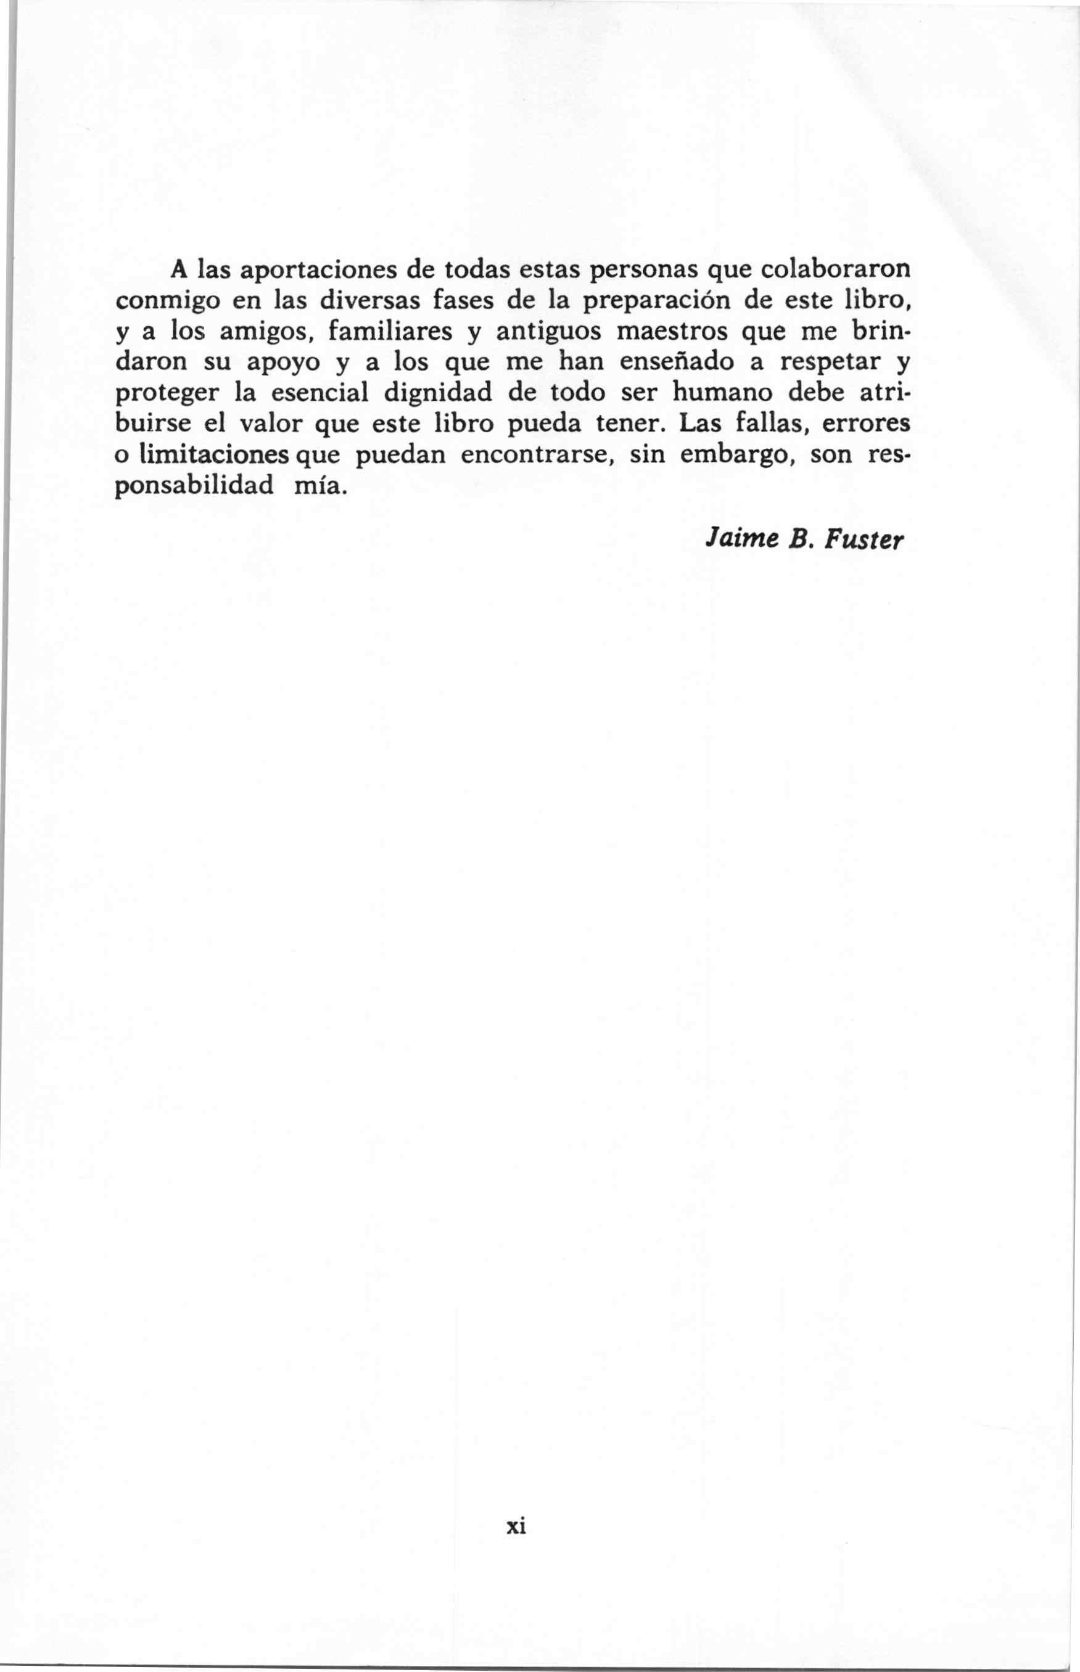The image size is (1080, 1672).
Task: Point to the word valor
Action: [270, 424]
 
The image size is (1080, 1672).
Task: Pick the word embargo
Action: [736, 455]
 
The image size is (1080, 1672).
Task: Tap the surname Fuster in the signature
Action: [864, 540]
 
